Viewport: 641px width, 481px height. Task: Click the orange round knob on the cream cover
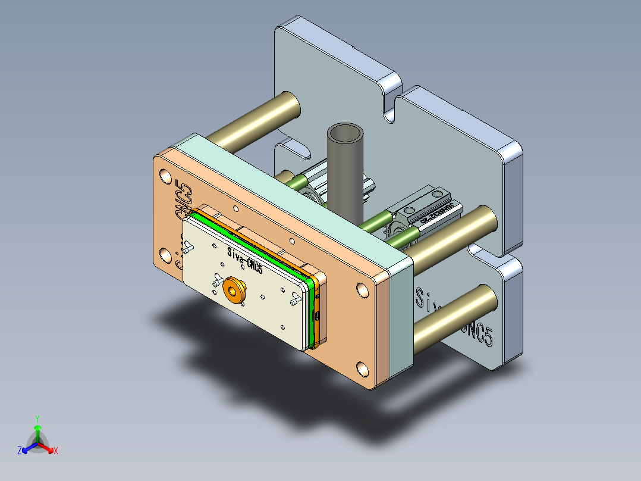[x=232, y=290]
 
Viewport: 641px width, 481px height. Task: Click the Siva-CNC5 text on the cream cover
[x=244, y=260]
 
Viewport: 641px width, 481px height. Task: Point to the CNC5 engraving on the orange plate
[x=183, y=202]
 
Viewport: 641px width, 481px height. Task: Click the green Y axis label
[x=37, y=418]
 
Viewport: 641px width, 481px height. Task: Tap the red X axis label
[x=56, y=451]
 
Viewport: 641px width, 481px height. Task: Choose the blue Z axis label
[x=20, y=451]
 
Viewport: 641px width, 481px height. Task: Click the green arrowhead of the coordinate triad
[x=37, y=427]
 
